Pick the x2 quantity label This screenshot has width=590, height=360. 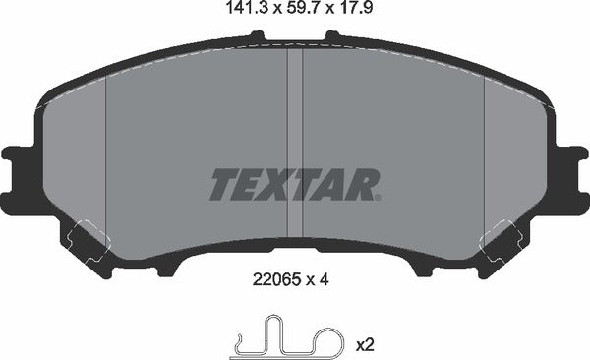tap(364, 344)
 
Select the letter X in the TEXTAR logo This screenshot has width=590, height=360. tap(281, 184)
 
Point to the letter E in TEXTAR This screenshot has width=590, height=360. tap(251, 184)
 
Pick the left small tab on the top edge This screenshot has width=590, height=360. tap(258, 37)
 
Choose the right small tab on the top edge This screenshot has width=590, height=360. tap(332, 37)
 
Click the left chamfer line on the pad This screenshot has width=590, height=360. tap(105, 157)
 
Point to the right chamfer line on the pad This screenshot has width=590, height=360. tap(485, 157)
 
